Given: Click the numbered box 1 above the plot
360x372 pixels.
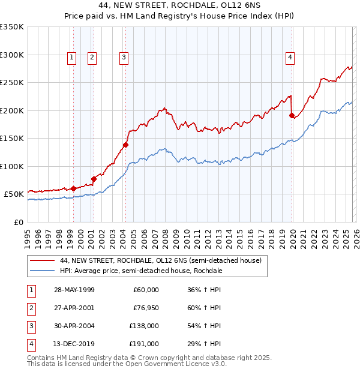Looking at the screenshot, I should click(71, 58).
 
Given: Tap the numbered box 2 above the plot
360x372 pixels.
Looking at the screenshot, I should click(92, 58).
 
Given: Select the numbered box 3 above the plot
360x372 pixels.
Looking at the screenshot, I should click(124, 58).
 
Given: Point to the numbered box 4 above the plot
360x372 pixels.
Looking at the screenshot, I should click(290, 58).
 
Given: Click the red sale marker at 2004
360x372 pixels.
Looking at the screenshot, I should click(125, 145).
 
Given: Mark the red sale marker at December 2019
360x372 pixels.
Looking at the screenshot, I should click(292, 115).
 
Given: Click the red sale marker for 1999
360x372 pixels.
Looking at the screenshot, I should click(73, 188).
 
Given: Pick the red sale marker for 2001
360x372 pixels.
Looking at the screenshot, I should click(94, 179).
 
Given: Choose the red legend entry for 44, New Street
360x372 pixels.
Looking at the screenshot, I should click(160, 261).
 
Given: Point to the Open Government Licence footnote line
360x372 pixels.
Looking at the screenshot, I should click(127, 364).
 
